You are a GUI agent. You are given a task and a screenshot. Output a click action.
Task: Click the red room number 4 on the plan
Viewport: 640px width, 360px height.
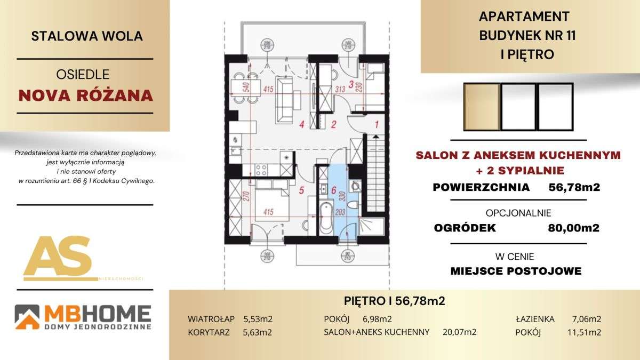point(302,125)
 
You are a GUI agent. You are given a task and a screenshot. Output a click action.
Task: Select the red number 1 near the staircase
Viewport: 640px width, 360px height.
point(377,125)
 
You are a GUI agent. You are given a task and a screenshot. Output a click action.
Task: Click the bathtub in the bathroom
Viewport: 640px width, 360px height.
point(326,218)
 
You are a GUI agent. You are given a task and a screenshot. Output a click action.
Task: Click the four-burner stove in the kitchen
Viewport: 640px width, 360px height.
point(261,170)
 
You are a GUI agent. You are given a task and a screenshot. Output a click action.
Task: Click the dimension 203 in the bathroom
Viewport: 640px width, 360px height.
point(341,212)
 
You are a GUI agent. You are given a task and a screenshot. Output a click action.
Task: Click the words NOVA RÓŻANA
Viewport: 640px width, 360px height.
point(86,96)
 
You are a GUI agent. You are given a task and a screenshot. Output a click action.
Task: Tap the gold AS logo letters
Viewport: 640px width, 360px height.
point(58,257)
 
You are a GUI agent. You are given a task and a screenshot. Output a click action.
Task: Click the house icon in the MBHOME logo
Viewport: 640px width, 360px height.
point(27,317)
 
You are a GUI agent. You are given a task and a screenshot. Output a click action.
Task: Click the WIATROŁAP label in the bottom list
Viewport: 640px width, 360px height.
point(211,319)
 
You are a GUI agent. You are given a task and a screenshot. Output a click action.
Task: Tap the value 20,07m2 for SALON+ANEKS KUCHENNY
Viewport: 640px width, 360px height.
point(459,332)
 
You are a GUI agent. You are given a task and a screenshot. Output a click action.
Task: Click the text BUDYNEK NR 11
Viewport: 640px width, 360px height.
point(527,35)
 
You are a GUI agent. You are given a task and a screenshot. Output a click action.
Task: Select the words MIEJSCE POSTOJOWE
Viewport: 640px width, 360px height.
point(516,271)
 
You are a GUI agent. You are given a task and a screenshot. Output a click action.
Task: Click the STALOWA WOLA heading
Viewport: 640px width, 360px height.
point(87,36)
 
